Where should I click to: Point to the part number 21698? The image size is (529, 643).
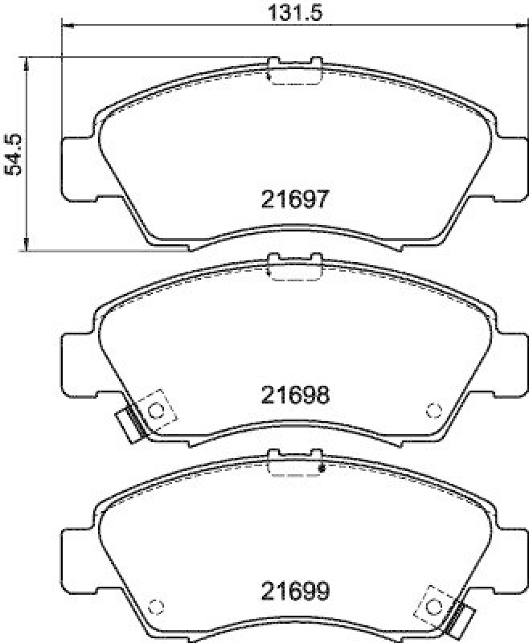coord(295,395)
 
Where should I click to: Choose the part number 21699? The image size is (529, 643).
coord(295,592)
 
